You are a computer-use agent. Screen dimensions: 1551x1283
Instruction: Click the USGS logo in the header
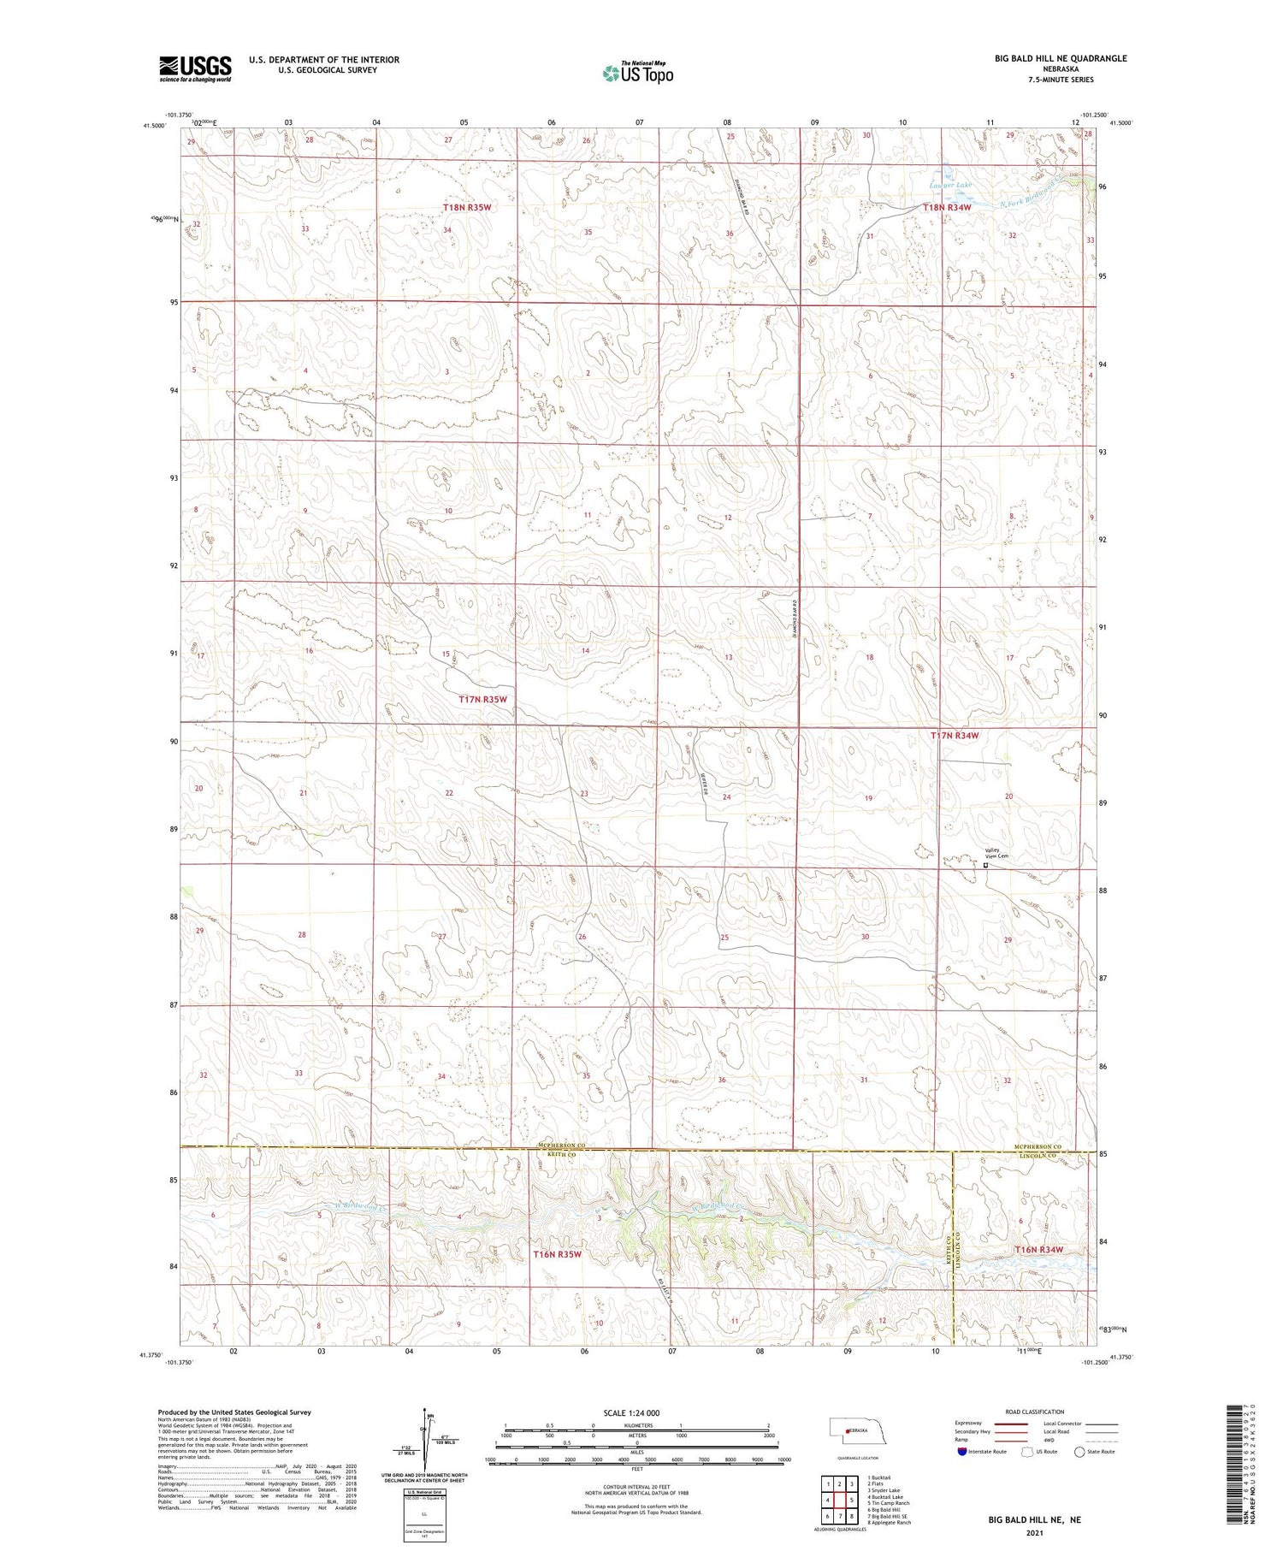click(195, 68)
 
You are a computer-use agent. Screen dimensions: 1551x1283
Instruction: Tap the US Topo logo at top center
click(637, 73)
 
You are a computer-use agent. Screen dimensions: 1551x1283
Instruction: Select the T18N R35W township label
click(467, 208)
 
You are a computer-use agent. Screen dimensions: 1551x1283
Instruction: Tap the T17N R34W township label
click(955, 735)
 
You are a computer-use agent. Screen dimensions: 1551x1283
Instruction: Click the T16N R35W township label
click(557, 1254)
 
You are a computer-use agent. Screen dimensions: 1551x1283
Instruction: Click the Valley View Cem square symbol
click(985, 866)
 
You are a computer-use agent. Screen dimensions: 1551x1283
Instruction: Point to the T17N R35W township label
click(482, 699)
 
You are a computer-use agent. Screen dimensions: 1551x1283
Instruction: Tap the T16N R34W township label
click(1038, 1250)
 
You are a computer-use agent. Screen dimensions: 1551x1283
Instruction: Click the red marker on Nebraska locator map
click(847, 1430)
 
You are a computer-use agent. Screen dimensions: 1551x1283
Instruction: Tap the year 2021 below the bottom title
click(1034, 1533)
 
